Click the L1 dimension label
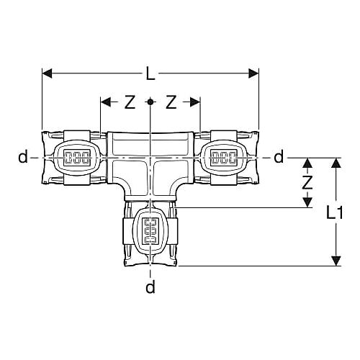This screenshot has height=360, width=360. click(x=335, y=212)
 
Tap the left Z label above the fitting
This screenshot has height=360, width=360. click(x=130, y=102)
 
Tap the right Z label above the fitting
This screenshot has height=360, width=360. click(x=171, y=102)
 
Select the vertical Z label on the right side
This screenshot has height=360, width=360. click(x=307, y=183)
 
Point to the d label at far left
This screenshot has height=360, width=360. click(x=23, y=157)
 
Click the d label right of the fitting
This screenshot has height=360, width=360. click(x=279, y=157)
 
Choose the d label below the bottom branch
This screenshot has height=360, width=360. click(x=150, y=287)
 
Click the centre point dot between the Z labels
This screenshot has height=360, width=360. click(x=150, y=102)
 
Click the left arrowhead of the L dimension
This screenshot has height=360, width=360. click(x=47, y=73)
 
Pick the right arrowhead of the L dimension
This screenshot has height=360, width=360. click(x=253, y=73)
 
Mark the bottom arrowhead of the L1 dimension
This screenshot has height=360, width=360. click(x=336, y=261)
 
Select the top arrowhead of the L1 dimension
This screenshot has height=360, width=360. click(x=336, y=163)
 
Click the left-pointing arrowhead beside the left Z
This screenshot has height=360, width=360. click(x=106, y=102)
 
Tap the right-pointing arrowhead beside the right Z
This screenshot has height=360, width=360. click(x=195, y=102)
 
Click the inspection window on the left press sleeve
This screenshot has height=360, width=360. click(x=77, y=158)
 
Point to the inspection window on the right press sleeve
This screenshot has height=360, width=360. click(x=224, y=158)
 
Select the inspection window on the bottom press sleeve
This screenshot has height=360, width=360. click(x=150, y=231)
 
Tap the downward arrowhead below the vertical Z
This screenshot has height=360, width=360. click(x=307, y=202)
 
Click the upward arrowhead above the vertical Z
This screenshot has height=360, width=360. click(x=307, y=163)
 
